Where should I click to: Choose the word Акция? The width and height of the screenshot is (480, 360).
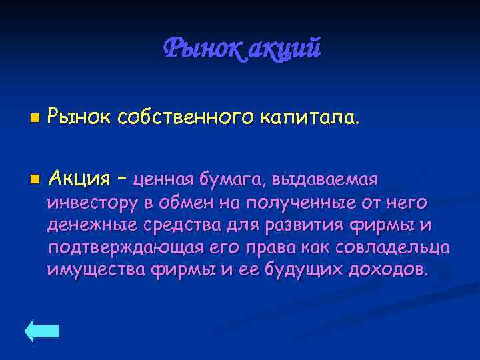pyautogui.click(x=79, y=179)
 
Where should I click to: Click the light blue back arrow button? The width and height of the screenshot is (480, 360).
pyautogui.click(x=42, y=331)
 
